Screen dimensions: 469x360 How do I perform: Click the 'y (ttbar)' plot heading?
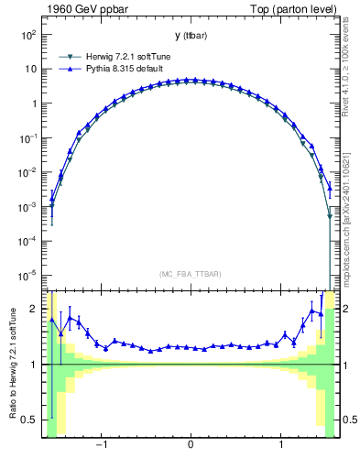click(190, 36)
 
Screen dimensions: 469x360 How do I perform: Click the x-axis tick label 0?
click(190, 446)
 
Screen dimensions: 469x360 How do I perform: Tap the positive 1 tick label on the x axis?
click(279, 446)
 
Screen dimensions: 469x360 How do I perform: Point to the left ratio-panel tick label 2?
click(33, 310)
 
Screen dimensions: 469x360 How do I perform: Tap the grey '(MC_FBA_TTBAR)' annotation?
click(190, 274)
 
